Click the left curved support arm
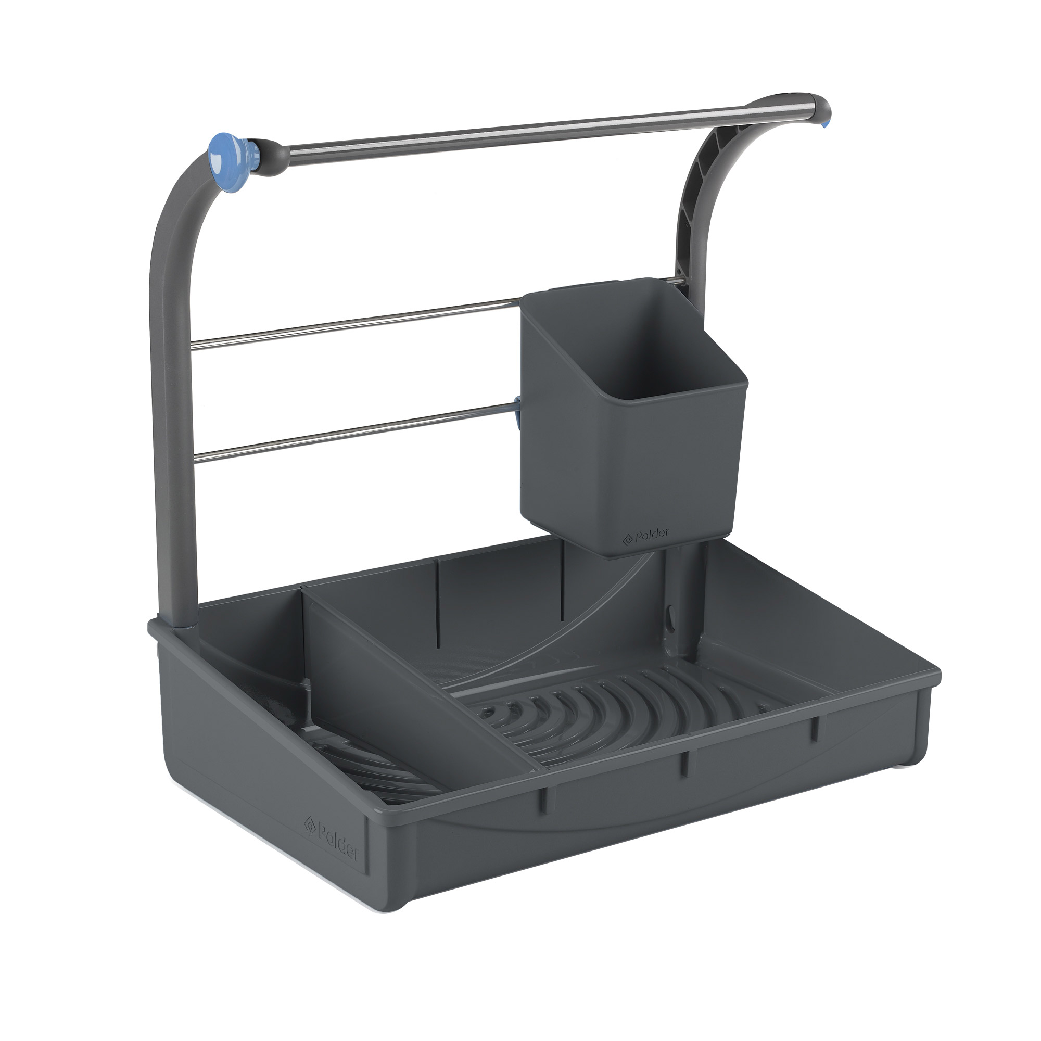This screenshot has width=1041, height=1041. [x=171, y=377]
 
